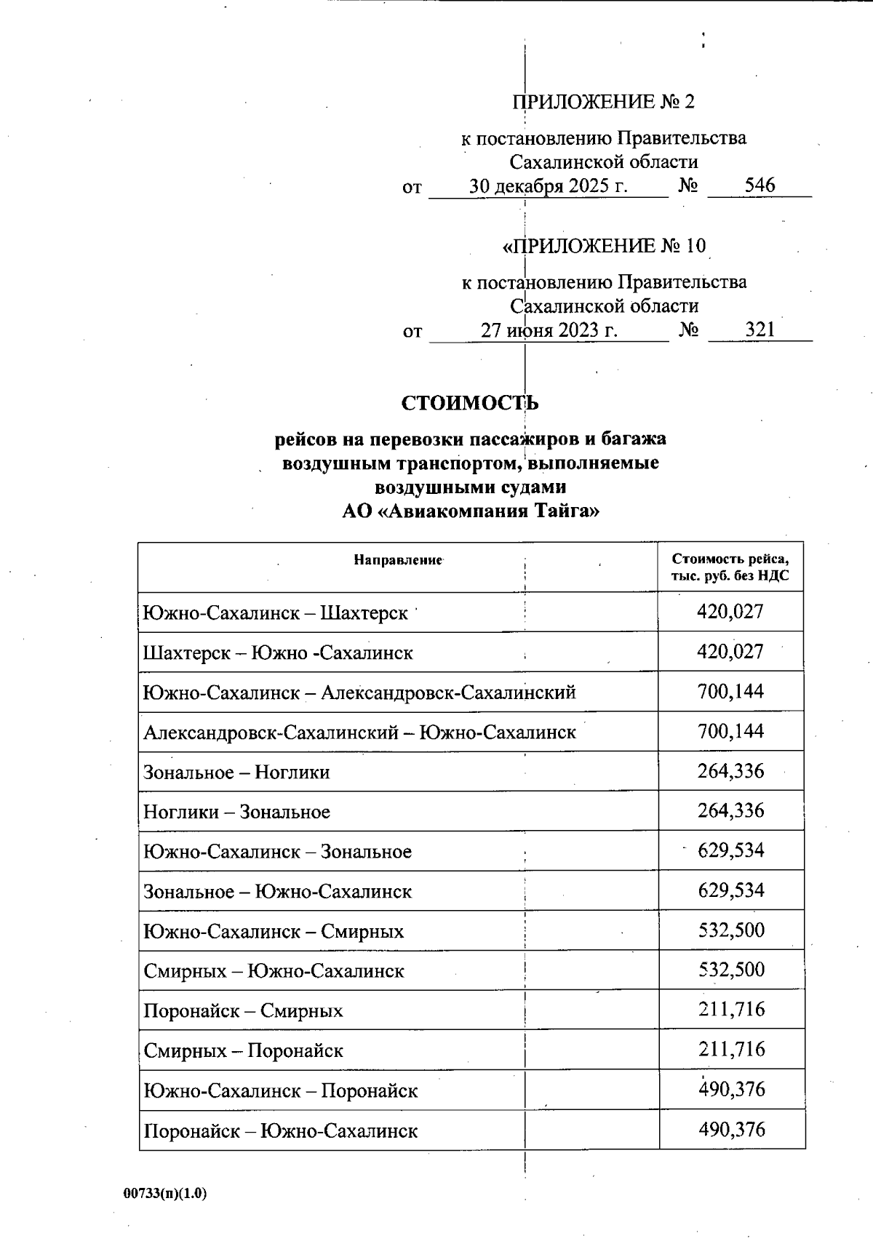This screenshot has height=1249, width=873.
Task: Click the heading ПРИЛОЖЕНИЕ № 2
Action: pyautogui.click(x=603, y=102)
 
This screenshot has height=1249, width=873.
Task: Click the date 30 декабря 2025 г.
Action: pyautogui.click(x=548, y=186)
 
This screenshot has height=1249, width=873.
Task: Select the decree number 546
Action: pyautogui.click(x=760, y=185)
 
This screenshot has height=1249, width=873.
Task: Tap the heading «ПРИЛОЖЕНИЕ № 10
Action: pyautogui.click(x=604, y=246)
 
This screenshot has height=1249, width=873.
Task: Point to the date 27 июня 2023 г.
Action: pyautogui.click(x=549, y=331)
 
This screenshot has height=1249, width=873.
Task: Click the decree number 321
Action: pyautogui.click(x=760, y=330)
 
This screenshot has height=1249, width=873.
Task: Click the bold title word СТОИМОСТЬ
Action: pyautogui.click(x=470, y=403)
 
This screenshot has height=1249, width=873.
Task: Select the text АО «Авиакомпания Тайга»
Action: pyautogui.click(x=471, y=511)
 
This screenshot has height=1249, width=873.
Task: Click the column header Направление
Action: pyautogui.click(x=399, y=560)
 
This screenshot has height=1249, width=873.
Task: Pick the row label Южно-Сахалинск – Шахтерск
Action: pyautogui.click(x=276, y=613)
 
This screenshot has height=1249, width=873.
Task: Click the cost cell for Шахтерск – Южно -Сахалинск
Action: pyautogui.click(x=730, y=652)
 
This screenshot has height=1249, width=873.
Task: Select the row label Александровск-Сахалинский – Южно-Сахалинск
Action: pyautogui.click(x=359, y=733)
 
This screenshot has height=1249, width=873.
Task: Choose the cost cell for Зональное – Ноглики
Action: pyautogui.click(x=730, y=771)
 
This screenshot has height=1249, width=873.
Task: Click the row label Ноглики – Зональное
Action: pyautogui.click(x=236, y=812)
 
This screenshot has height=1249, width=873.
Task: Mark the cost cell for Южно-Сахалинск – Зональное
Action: pyautogui.click(x=730, y=850)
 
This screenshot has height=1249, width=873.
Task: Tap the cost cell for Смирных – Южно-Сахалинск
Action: pyautogui.click(x=730, y=970)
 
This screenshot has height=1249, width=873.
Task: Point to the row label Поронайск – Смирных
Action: pyautogui.click(x=243, y=1011)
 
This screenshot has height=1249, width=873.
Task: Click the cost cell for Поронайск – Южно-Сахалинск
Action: pyautogui.click(x=731, y=1130)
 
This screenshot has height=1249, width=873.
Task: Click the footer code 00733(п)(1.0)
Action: pyautogui.click(x=165, y=1194)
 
